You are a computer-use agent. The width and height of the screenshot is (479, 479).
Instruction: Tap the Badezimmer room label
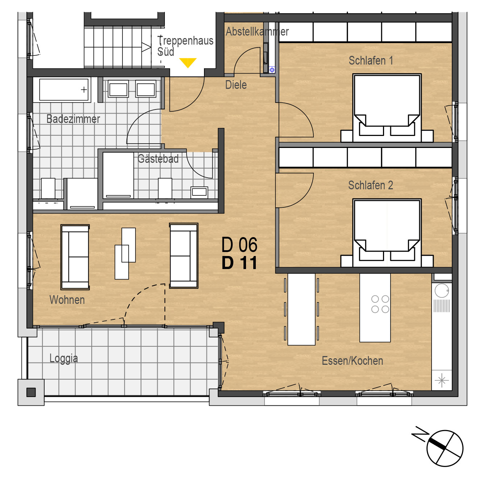(x=73, y=119)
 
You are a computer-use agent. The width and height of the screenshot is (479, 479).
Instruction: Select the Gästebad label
(x=158, y=159)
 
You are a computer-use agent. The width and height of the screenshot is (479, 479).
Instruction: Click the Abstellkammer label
(x=257, y=32)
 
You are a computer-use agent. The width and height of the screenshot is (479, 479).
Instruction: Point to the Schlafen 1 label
(x=371, y=61)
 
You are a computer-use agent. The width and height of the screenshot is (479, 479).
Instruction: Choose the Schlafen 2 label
(x=370, y=185)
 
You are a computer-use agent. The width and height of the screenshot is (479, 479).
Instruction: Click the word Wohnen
(x=67, y=300)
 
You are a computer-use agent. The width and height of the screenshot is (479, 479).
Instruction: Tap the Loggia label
(x=64, y=359)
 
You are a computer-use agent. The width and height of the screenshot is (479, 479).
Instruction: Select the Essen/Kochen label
(x=352, y=361)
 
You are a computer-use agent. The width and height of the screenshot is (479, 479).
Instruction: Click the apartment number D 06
(x=239, y=245)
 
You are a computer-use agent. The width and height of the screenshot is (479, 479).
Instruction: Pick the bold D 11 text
(x=239, y=263)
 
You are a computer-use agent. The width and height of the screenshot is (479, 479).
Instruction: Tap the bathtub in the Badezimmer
(x=64, y=90)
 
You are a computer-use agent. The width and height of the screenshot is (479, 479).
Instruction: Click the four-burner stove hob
(x=380, y=304)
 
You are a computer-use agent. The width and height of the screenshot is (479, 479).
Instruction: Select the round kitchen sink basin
(x=442, y=290)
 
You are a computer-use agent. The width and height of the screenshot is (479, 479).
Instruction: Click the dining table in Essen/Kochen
(x=301, y=309)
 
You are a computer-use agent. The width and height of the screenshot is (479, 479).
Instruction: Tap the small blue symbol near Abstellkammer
(x=272, y=70)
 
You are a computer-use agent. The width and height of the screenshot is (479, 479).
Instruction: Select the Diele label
(x=236, y=85)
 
